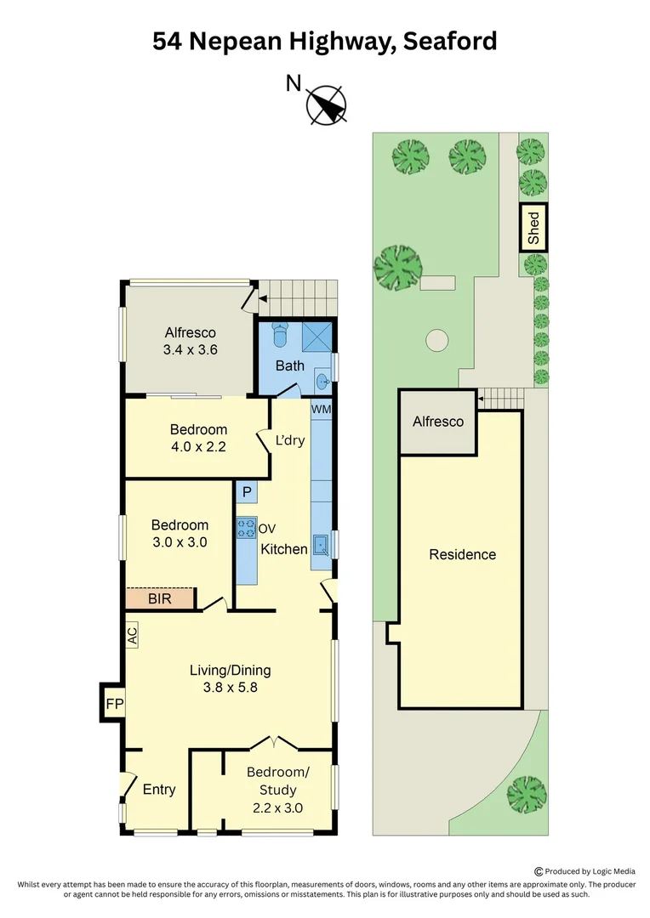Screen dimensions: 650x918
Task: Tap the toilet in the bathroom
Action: pos(281,334)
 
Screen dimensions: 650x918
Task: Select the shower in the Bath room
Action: pos(317,336)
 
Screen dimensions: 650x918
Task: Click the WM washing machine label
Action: pos(322,409)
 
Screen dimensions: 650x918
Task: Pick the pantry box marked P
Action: pos(247,492)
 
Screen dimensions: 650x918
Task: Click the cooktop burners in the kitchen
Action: pos(246,528)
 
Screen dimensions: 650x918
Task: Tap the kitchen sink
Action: pos(322,546)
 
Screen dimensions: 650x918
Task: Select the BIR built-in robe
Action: pos(160,598)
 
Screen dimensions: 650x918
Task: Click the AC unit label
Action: pos(133,635)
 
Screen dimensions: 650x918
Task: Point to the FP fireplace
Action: pos(114,703)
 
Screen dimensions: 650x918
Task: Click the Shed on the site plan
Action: pos(533,228)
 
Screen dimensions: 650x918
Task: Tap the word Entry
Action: pos(159,789)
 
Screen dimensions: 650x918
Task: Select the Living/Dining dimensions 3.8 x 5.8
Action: pos(231,688)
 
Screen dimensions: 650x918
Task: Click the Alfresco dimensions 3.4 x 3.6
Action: pos(190,349)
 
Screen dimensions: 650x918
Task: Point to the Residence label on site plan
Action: pos(463,554)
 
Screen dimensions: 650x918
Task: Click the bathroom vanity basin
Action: pos(323,382)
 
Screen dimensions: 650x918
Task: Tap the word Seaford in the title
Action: pos(449,42)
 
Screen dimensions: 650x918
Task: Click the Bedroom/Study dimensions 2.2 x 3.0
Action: pos(278,808)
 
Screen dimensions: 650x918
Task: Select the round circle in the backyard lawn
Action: pos(436,340)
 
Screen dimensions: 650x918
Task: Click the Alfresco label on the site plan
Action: pos(438,422)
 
